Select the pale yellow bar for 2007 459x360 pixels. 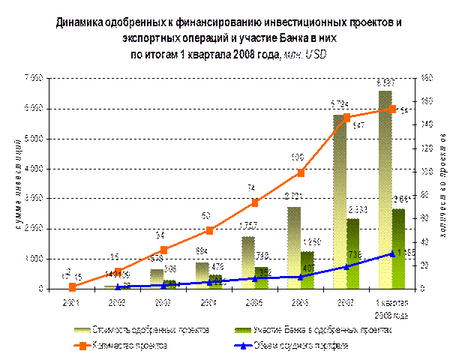(x=339, y=202)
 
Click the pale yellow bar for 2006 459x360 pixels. (x=294, y=248)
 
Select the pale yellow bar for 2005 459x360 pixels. (x=247, y=262)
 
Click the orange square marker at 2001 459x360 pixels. (x=72, y=286)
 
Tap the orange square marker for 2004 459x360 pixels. (x=210, y=230)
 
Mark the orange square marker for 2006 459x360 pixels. (x=301, y=172)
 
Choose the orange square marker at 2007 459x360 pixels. (x=346, y=118)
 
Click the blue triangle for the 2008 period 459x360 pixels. (x=391, y=253)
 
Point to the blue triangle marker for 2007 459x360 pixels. (x=346, y=266)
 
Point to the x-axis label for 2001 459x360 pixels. (x=72, y=302)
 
